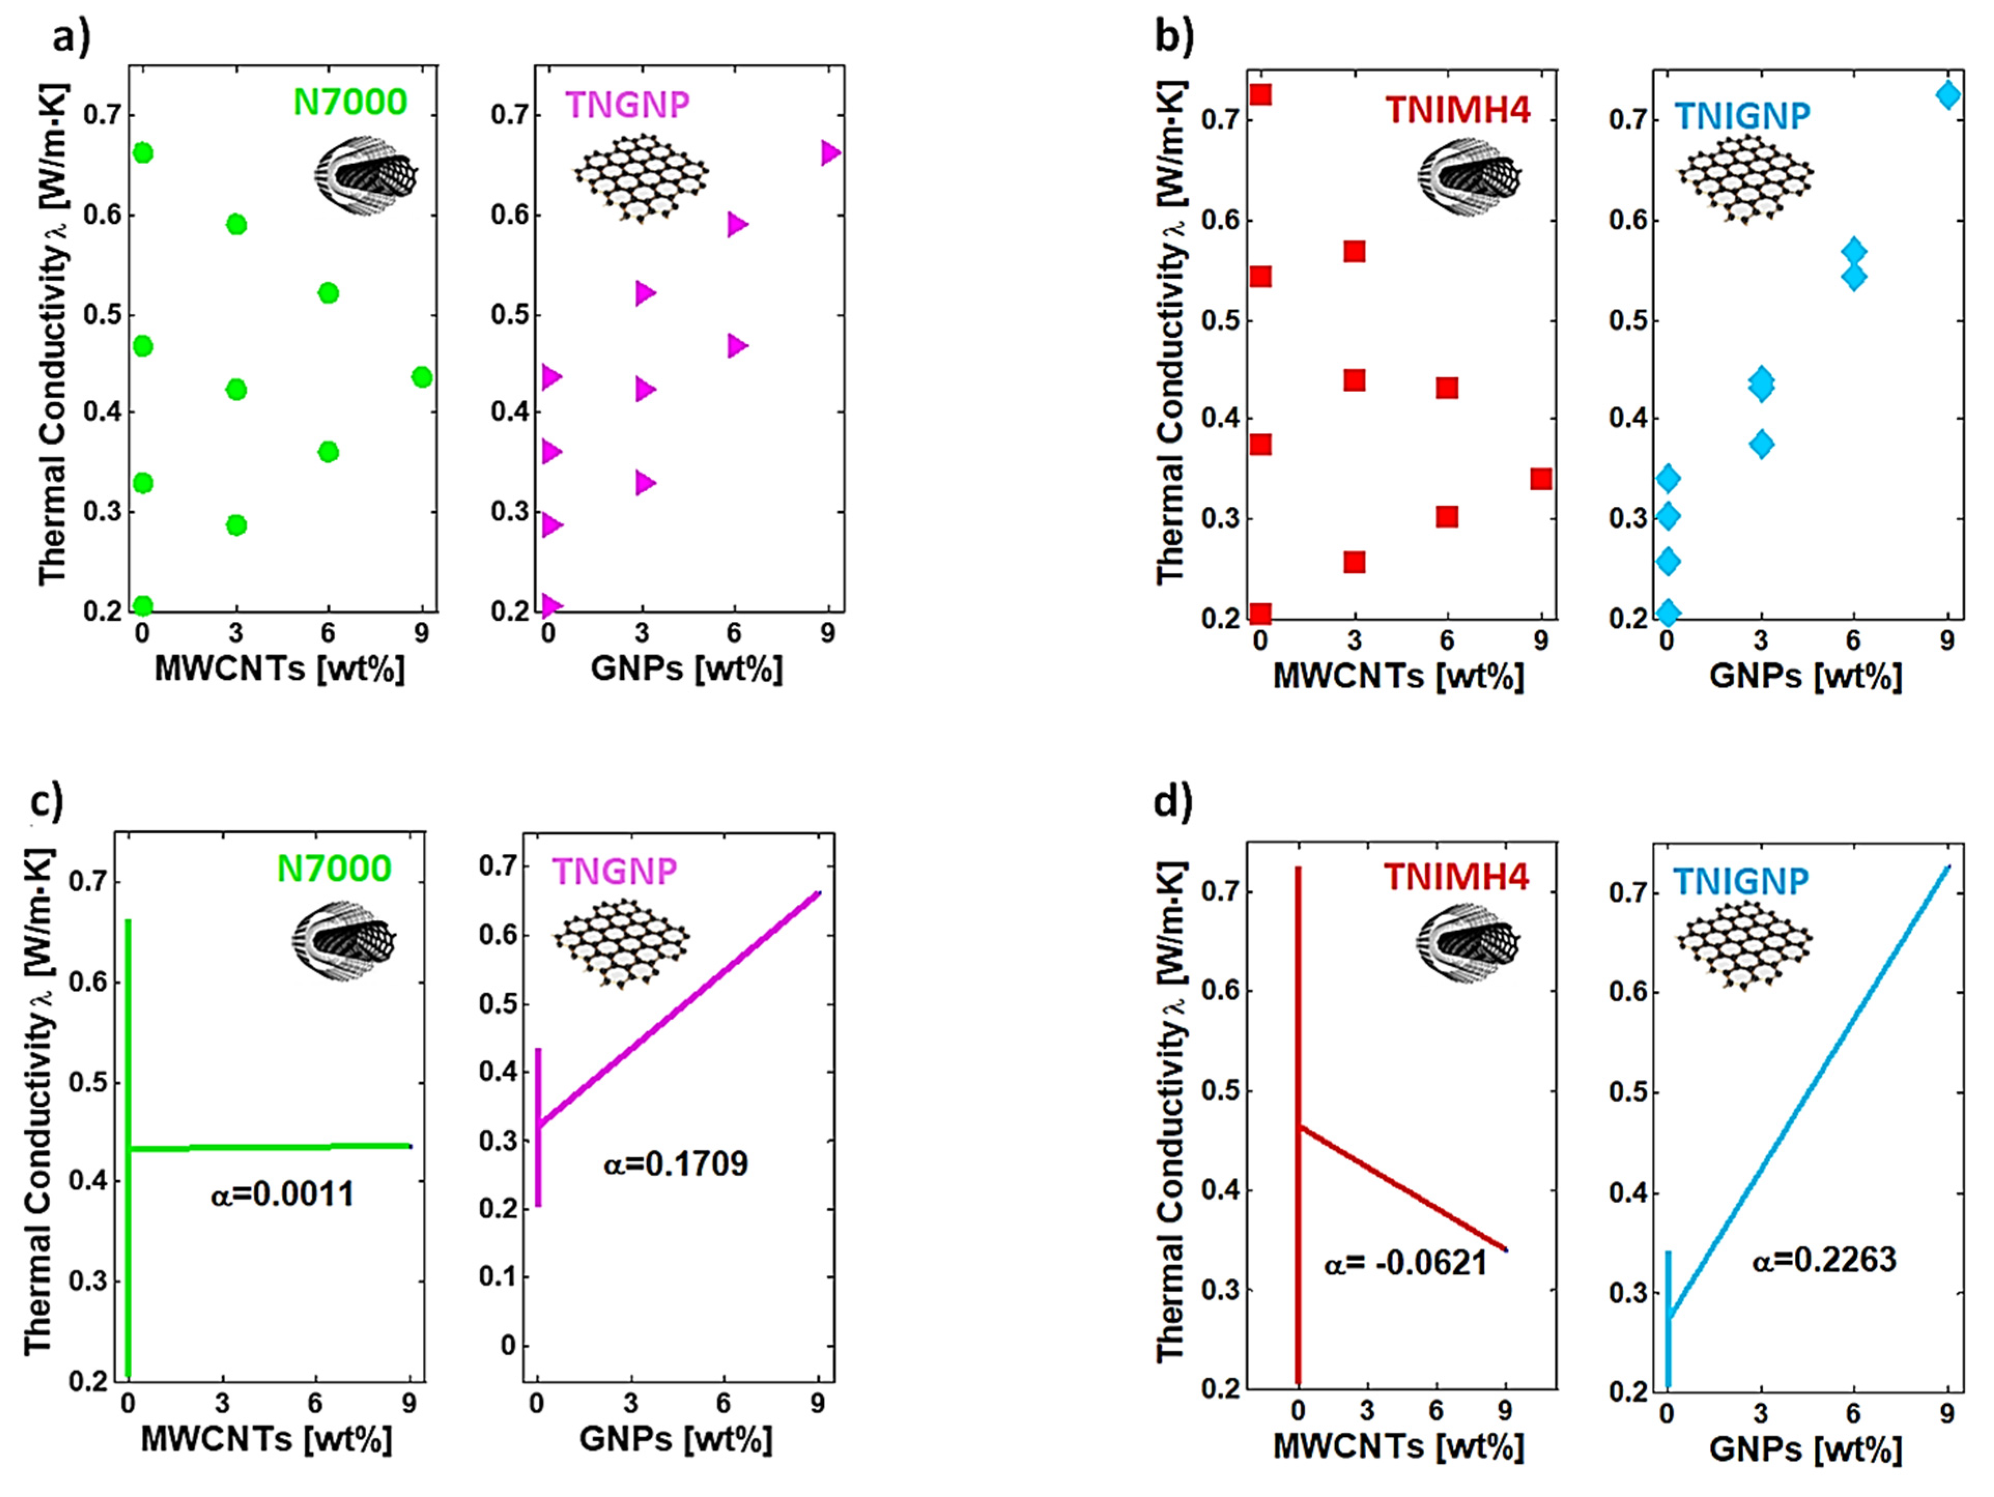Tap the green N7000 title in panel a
coord(350,103)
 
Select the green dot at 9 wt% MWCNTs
coord(422,377)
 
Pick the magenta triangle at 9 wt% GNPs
coord(830,153)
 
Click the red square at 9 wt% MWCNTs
coord(1541,479)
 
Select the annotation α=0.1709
coord(675,1164)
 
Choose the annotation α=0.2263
coord(1824,1260)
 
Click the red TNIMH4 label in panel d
coord(1456,877)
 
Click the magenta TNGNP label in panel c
coord(614,871)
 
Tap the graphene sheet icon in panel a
coord(641,178)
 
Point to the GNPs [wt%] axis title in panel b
coord(1805,676)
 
